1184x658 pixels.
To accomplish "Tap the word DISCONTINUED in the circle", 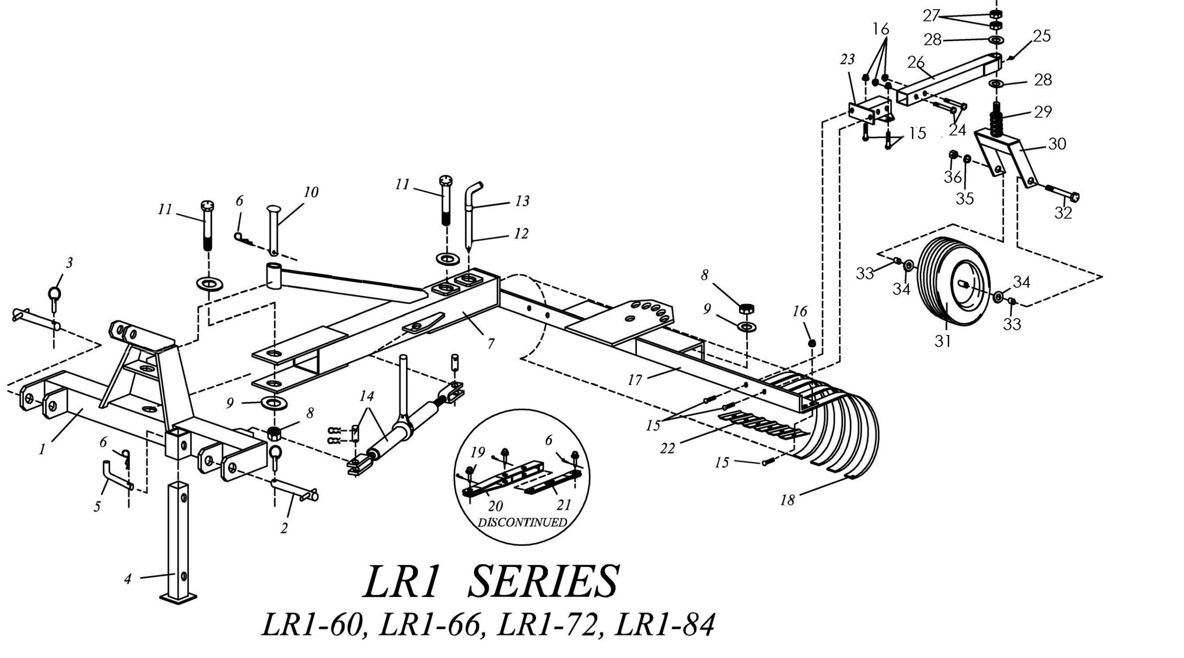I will pos(522,522).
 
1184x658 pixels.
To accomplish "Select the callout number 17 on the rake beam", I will pos(635,380).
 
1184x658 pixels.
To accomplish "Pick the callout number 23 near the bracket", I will pos(847,59).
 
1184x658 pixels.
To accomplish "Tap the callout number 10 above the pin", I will pos(311,192).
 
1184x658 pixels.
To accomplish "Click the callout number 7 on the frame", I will pos(491,344).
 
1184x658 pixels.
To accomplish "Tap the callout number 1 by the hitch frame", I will pos(42,449).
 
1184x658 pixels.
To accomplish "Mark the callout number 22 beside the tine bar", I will pos(668,447).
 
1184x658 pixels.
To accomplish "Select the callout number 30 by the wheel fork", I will pos(1057,144).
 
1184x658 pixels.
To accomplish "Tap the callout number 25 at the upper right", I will pos(1042,36).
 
